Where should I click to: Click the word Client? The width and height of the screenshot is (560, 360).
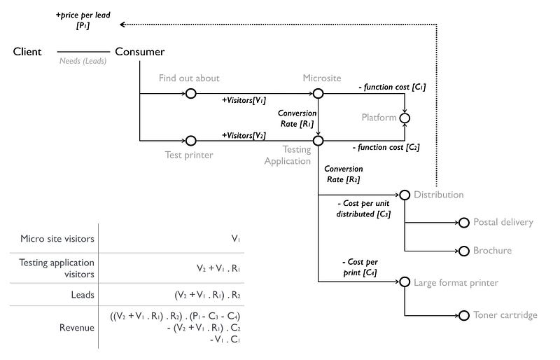pyautogui.click(x=27, y=51)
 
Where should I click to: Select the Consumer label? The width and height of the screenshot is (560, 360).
pyautogui.click(x=139, y=51)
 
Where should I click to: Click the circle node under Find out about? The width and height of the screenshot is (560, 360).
pyautogui.click(x=190, y=93)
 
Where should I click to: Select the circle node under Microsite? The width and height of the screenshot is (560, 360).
pyautogui.click(x=318, y=93)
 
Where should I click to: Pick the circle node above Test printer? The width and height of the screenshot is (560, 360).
pyautogui.click(x=190, y=141)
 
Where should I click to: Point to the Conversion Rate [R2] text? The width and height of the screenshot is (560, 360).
pyautogui.click(x=343, y=174)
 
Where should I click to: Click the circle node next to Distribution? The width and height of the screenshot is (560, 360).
pyautogui.click(x=404, y=195)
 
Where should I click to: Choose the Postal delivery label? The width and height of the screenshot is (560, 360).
pyautogui.click(x=503, y=222)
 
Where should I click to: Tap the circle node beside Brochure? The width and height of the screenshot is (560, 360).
pyautogui.click(x=462, y=250)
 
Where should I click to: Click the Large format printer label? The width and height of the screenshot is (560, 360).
pyautogui.click(x=456, y=282)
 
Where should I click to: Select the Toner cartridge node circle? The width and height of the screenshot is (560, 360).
pyautogui.click(x=462, y=315)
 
